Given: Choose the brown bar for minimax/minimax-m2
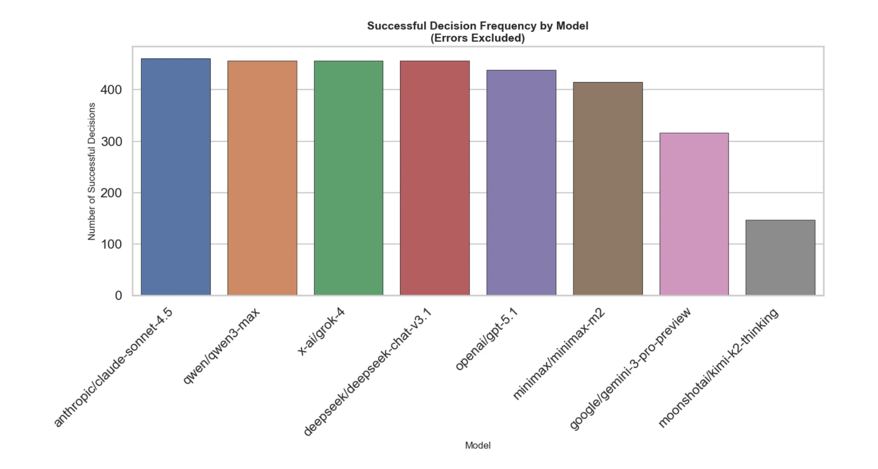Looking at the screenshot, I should [x=608, y=189].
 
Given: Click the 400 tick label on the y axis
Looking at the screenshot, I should [x=111, y=90].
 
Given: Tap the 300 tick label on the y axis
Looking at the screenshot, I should [x=111, y=142].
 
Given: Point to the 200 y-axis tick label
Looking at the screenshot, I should [x=111, y=193].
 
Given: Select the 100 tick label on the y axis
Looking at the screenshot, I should [x=111, y=244].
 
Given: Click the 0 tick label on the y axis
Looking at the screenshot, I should [x=119, y=296].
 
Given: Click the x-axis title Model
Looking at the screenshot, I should [x=478, y=445].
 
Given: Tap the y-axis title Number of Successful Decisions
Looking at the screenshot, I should [x=91, y=172].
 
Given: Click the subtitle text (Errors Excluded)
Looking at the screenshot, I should [x=478, y=38].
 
